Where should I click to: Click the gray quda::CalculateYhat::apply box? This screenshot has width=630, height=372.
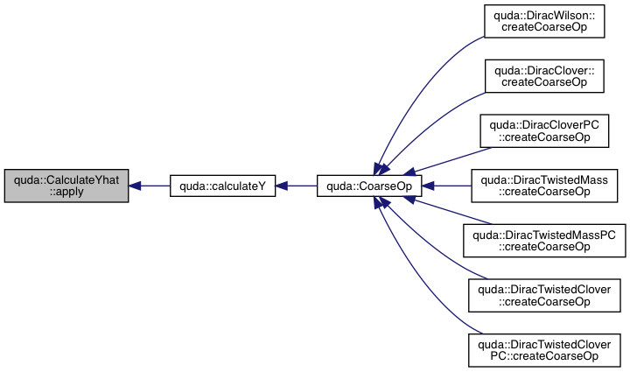coord(66,186)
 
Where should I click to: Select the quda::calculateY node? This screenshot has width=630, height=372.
coord(222,186)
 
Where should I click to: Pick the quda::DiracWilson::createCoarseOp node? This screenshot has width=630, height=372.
coord(545,21)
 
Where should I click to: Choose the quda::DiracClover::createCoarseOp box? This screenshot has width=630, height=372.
coord(545,76)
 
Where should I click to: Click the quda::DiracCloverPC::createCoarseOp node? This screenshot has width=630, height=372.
coord(545,130)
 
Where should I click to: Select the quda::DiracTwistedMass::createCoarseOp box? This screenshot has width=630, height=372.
coord(545,186)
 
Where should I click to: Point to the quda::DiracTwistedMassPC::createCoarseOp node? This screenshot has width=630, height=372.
coord(545,240)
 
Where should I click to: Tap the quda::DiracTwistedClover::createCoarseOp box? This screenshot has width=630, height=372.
coord(545,295)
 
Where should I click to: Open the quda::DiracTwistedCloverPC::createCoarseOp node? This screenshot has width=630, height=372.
coord(545,349)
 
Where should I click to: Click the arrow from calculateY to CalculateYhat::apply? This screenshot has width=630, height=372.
coord(152,186)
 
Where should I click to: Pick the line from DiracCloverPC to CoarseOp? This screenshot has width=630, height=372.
coord(446,158)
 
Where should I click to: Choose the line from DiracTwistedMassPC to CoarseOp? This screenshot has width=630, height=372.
coord(446,213)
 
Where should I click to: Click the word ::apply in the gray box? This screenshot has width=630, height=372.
coord(66,192)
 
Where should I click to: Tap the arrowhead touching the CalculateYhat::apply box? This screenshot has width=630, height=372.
coord(136,186)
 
